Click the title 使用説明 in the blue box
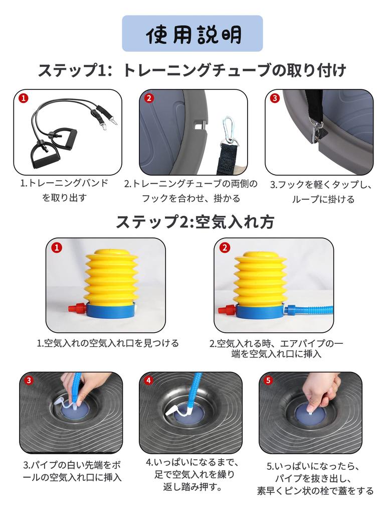tap(193, 34)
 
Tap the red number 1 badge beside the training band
tap(23, 98)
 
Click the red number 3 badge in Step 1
tap(275, 98)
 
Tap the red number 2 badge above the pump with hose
tap(225, 247)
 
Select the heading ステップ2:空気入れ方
tap(195, 222)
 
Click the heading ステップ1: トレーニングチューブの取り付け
tap(192, 70)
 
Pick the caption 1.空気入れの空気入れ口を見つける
tap(108, 343)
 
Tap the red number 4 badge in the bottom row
tap(149, 380)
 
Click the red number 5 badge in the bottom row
tap(269, 380)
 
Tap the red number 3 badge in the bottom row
tap(29, 380)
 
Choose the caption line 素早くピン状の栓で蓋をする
tap(315, 491)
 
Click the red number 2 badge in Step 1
tap(149, 98)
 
